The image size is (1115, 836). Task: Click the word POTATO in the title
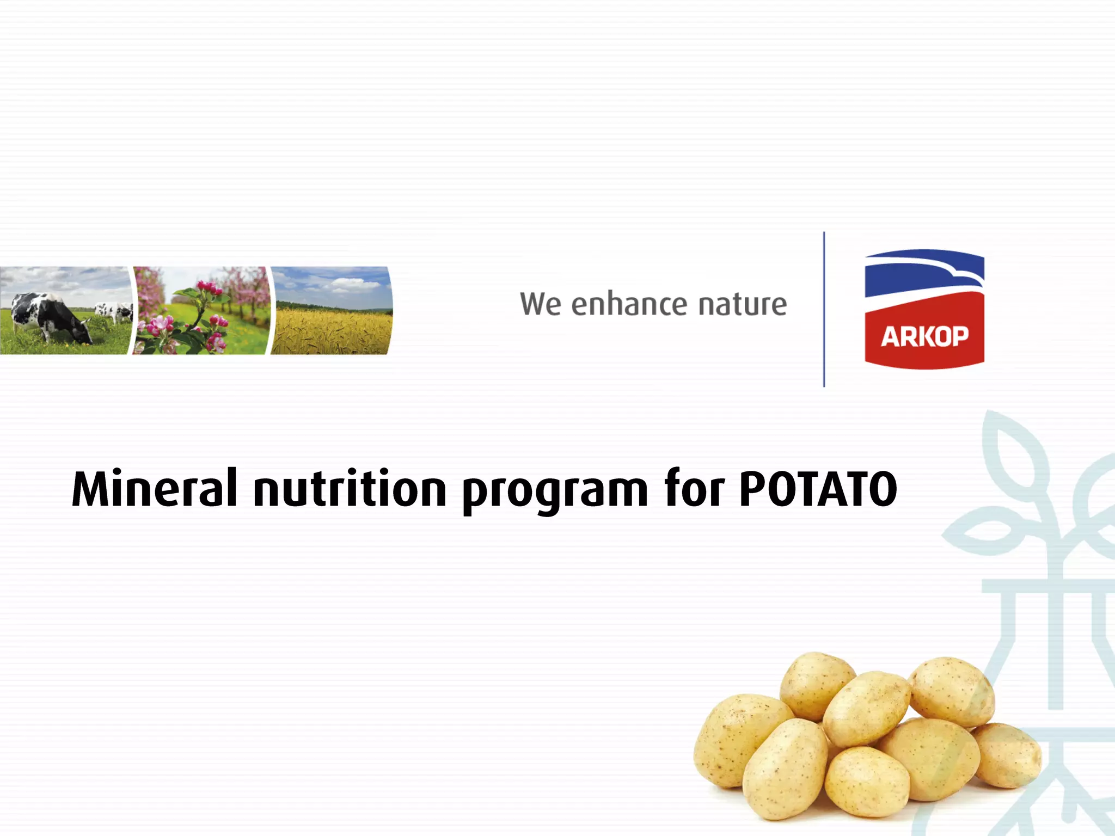coord(818,488)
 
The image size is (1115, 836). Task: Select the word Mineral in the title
coord(155,488)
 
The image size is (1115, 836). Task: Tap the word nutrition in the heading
coord(350,488)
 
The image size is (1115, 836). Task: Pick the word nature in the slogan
coord(743,305)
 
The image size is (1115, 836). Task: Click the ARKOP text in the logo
coord(924,336)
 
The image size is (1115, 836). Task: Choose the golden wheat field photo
coord(332,329)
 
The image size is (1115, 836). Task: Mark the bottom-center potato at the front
coord(866,781)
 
